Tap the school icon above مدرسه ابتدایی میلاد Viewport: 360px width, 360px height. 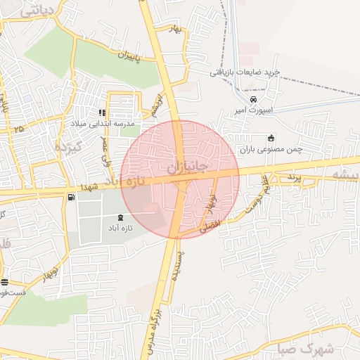[103, 112]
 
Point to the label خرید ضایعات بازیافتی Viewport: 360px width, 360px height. [245, 72]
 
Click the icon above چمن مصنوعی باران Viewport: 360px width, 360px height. [271, 138]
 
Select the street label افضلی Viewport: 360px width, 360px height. [210, 225]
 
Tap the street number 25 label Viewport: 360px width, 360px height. [18, 129]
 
